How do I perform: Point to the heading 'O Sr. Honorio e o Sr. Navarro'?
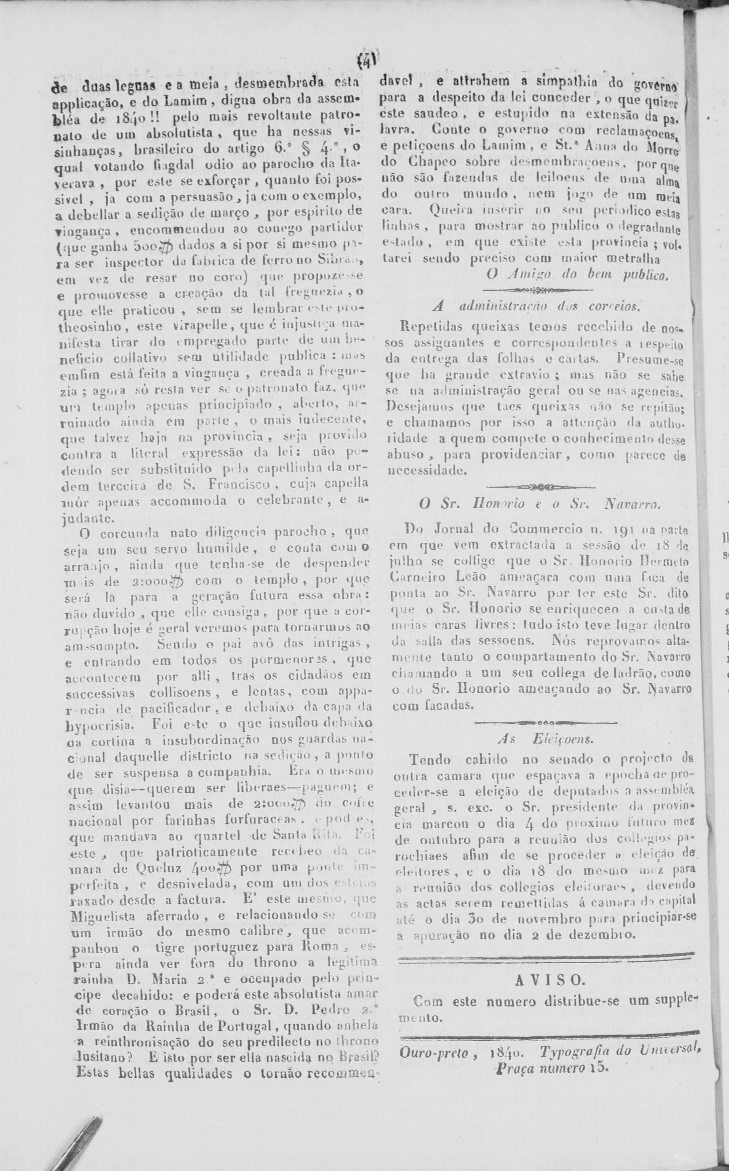[539, 505]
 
